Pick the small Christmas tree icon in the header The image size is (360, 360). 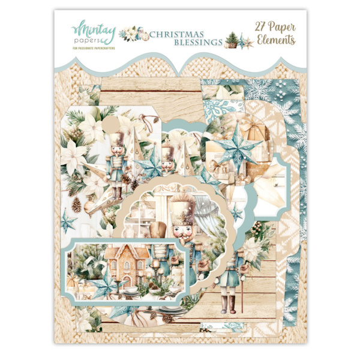tap(232, 39)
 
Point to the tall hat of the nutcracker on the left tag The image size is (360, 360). tap(116, 143)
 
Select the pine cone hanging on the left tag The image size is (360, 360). tap(77, 205)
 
